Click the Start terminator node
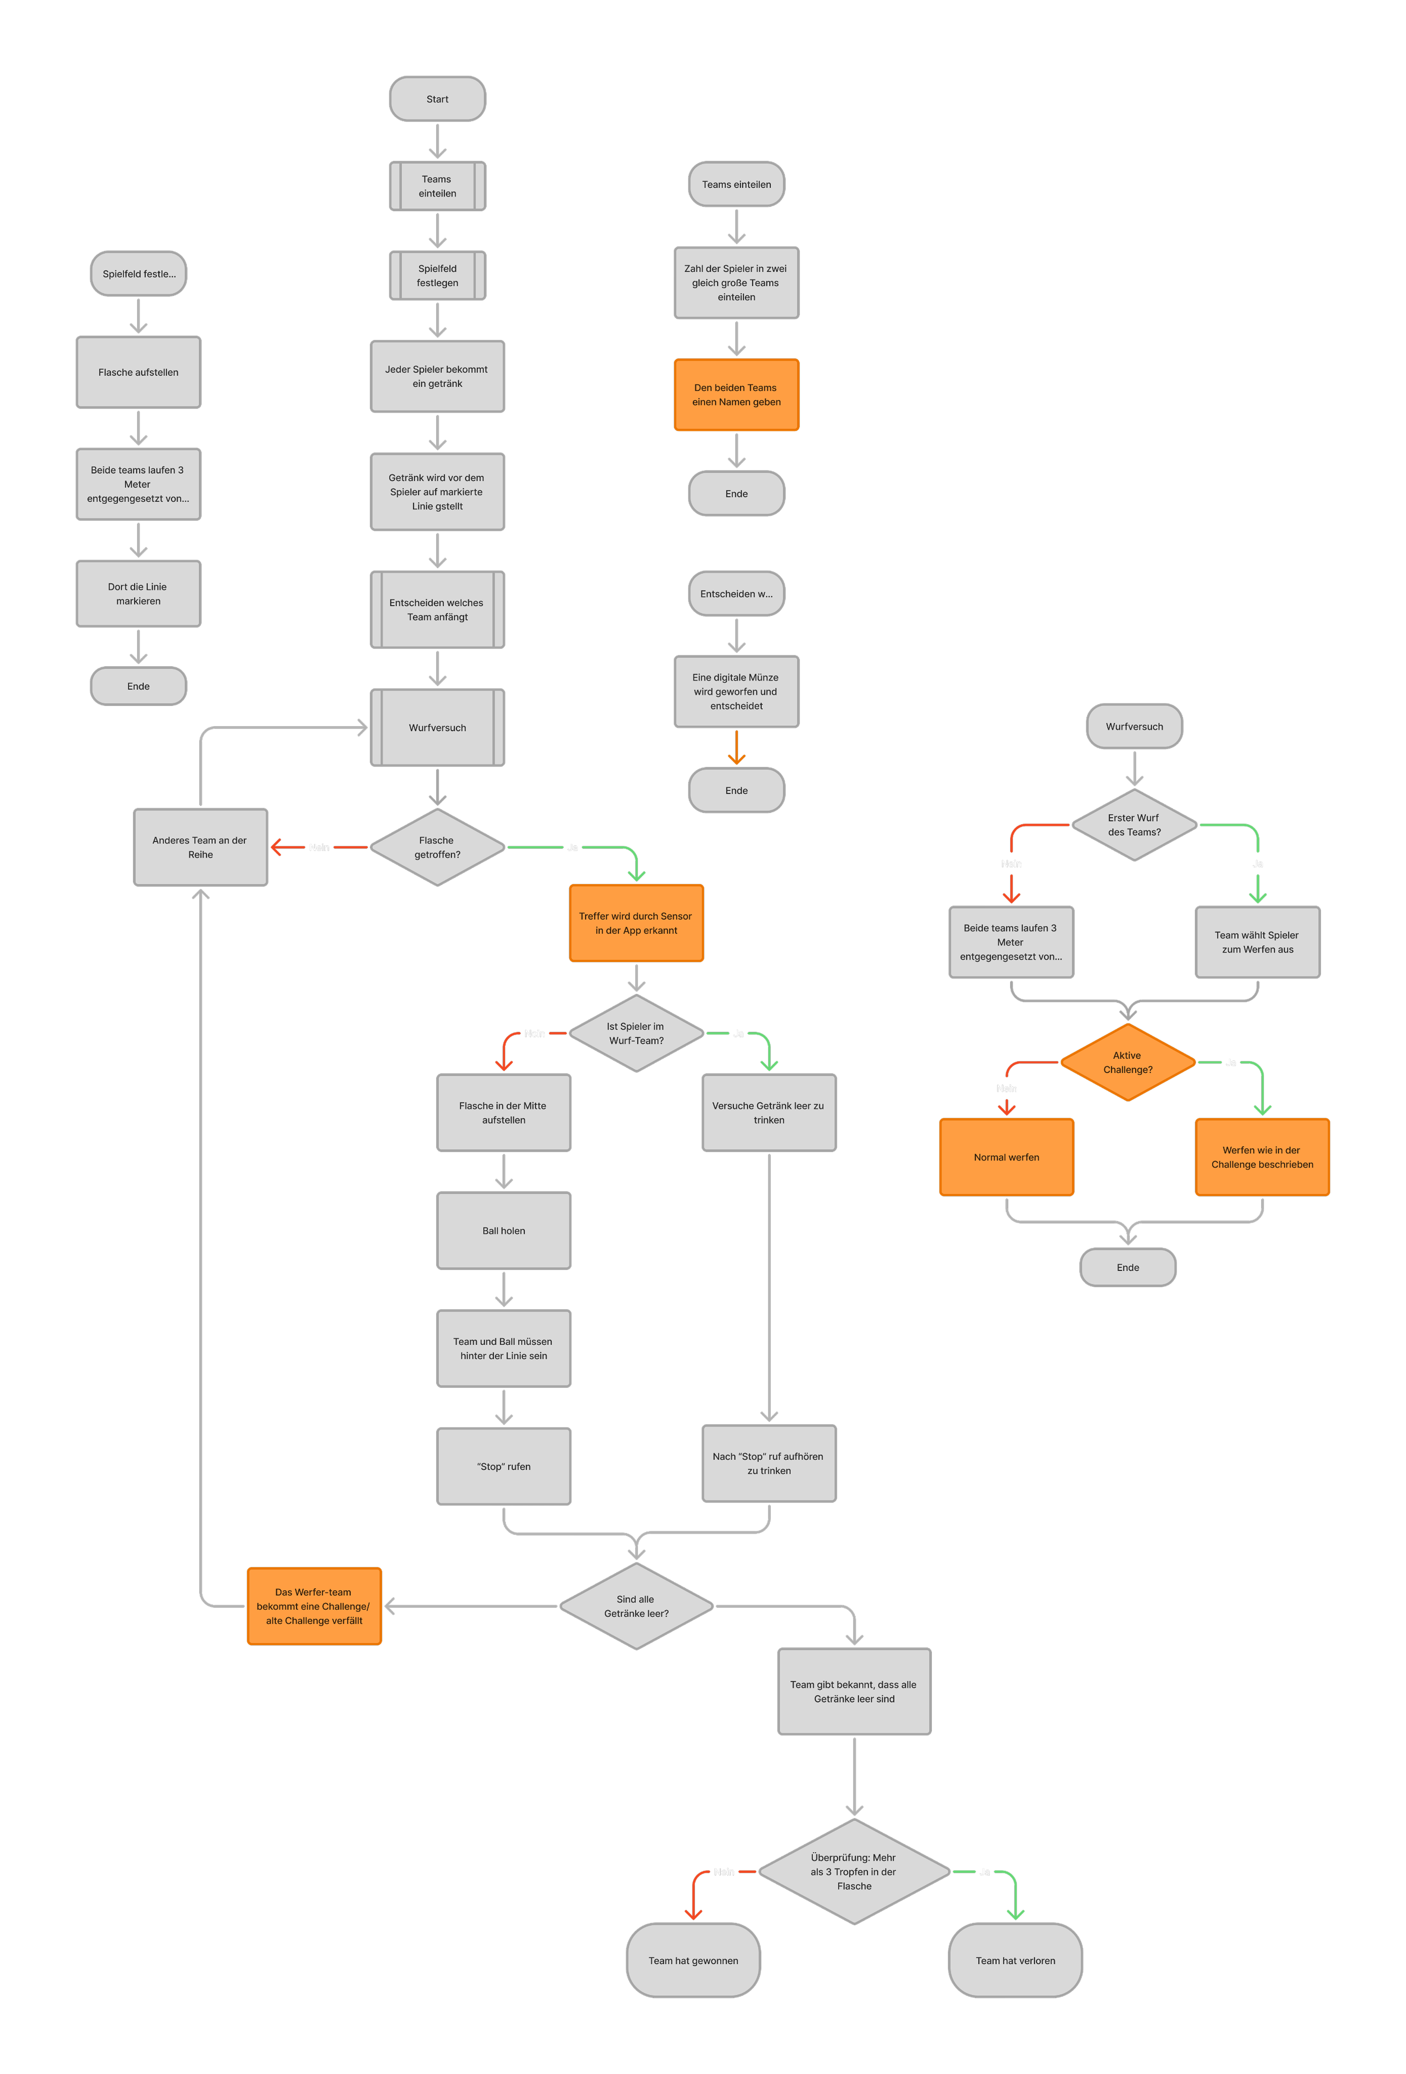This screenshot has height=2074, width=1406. tap(437, 99)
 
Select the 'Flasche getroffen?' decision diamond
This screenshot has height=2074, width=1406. tap(437, 847)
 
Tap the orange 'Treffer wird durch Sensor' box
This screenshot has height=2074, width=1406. tap(636, 923)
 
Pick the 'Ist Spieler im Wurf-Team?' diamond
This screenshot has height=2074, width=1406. tap(636, 1033)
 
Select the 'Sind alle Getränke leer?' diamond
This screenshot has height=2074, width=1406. tap(636, 1606)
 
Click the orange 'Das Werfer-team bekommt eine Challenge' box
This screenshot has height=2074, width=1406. tap(314, 1606)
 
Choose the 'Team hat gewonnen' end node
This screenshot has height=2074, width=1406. tap(693, 1961)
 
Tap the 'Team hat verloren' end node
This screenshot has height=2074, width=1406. tap(1015, 1961)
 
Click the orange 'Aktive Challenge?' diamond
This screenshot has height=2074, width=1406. tap(1128, 1062)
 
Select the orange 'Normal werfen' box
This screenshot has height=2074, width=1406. tap(1006, 1158)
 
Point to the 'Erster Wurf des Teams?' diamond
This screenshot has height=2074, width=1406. tap(1134, 825)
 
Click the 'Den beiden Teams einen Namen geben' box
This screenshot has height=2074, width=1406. tap(736, 395)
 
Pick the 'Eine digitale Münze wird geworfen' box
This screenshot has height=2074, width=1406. tap(736, 692)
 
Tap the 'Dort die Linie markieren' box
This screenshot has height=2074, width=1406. tap(138, 593)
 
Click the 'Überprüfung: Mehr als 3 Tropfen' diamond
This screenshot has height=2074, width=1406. tap(854, 1871)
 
